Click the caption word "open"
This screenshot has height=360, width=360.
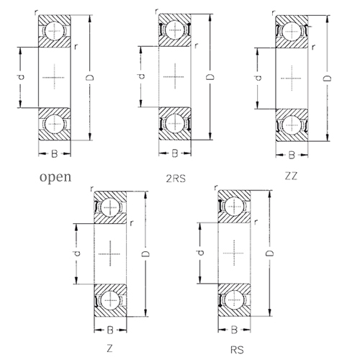55,178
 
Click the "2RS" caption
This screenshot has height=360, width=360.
176,179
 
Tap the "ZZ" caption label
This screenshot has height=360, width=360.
291,176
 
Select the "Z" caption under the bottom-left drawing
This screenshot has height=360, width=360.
109,348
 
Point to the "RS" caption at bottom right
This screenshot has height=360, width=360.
237,350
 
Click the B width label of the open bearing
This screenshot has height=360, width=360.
55,153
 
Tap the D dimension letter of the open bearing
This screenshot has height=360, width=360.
90,77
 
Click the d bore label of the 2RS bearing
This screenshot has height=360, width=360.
142,76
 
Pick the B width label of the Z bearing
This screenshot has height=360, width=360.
110,330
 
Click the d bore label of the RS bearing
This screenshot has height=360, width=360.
201,252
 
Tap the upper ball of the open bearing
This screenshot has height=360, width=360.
55,31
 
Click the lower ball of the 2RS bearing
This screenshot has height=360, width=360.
175,123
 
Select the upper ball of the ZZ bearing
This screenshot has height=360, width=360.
292,32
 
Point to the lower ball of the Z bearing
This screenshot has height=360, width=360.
110,300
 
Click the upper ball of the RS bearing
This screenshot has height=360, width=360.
234,207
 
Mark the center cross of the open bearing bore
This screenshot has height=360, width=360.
55,77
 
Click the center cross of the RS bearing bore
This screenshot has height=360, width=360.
234,253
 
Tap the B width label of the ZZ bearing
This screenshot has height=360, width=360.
292,155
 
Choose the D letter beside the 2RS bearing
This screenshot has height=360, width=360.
210,77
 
